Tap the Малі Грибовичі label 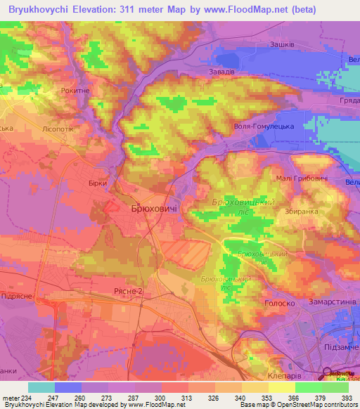pyautogui.click(x=302, y=179)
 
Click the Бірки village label pyautogui.click(x=98, y=183)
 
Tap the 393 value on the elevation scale pyautogui.click(x=346, y=398)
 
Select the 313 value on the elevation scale pyautogui.click(x=188, y=398)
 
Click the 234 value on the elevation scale pyautogui.click(x=27, y=398)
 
